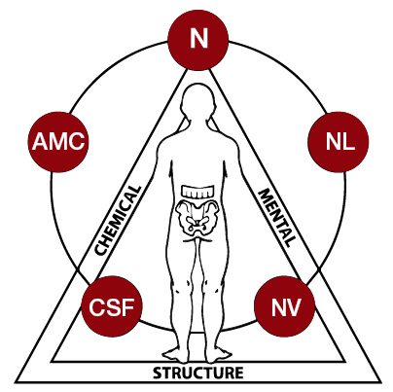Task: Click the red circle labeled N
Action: pyautogui.click(x=198, y=39)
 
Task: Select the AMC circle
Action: pyautogui.click(x=58, y=142)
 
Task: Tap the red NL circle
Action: pyautogui.click(x=339, y=142)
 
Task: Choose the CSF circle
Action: pyautogui.click(x=112, y=306)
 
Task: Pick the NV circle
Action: pyautogui.click(x=285, y=306)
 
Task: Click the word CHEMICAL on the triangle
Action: pyautogui.click(x=118, y=221)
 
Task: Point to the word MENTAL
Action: pyautogui.click(x=277, y=218)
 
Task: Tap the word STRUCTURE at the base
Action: pyautogui.click(x=198, y=373)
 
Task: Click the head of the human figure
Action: pyautogui.click(x=198, y=99)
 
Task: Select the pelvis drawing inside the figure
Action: pyautogui.click(x=196, y=217)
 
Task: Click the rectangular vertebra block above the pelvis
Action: pyautogui.click(x=197, y=191)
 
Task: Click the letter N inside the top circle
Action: pyautogui.click(x=198, y=39)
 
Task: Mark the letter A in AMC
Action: pyautogui.click(x=39, y=142)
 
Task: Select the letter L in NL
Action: pyautogui.click(x=348, y=142)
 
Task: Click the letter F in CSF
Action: pyautogui.click(x=127, y=307)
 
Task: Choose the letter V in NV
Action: pyautogui.click(x=294, y=307)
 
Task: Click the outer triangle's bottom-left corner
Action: pyautogui.click(x=15, y=382)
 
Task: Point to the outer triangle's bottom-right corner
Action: pyautogui.click(x=381, y=382)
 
